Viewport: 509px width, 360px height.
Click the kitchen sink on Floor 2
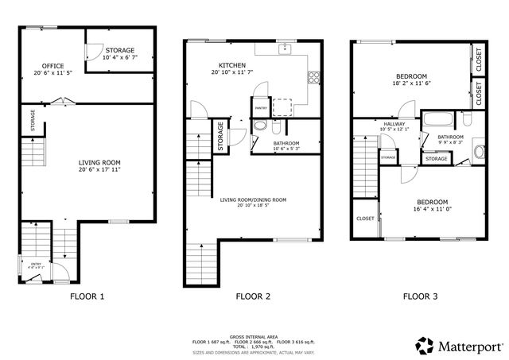click(x=285, y=48)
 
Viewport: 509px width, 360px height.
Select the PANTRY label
click(x=260, y=109)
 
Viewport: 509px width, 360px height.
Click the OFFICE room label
click(x=53, y=66)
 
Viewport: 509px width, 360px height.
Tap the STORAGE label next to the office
click(x=119, y=50)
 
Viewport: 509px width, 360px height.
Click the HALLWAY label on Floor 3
click(x=394, y=124)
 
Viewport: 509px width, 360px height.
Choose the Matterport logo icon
click(x=424, y=346)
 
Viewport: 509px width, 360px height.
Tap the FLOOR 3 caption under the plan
click(x=419, y=296)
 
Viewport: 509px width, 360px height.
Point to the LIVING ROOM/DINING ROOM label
click(x=253, y=199)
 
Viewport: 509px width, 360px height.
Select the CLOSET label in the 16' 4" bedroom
click(x=365, y=219)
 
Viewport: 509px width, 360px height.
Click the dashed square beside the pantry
click(x=281, y=106)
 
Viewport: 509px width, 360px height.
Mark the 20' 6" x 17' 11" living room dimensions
click(x=98, y=169)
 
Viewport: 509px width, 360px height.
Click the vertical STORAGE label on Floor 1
click(x=33, y=122)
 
